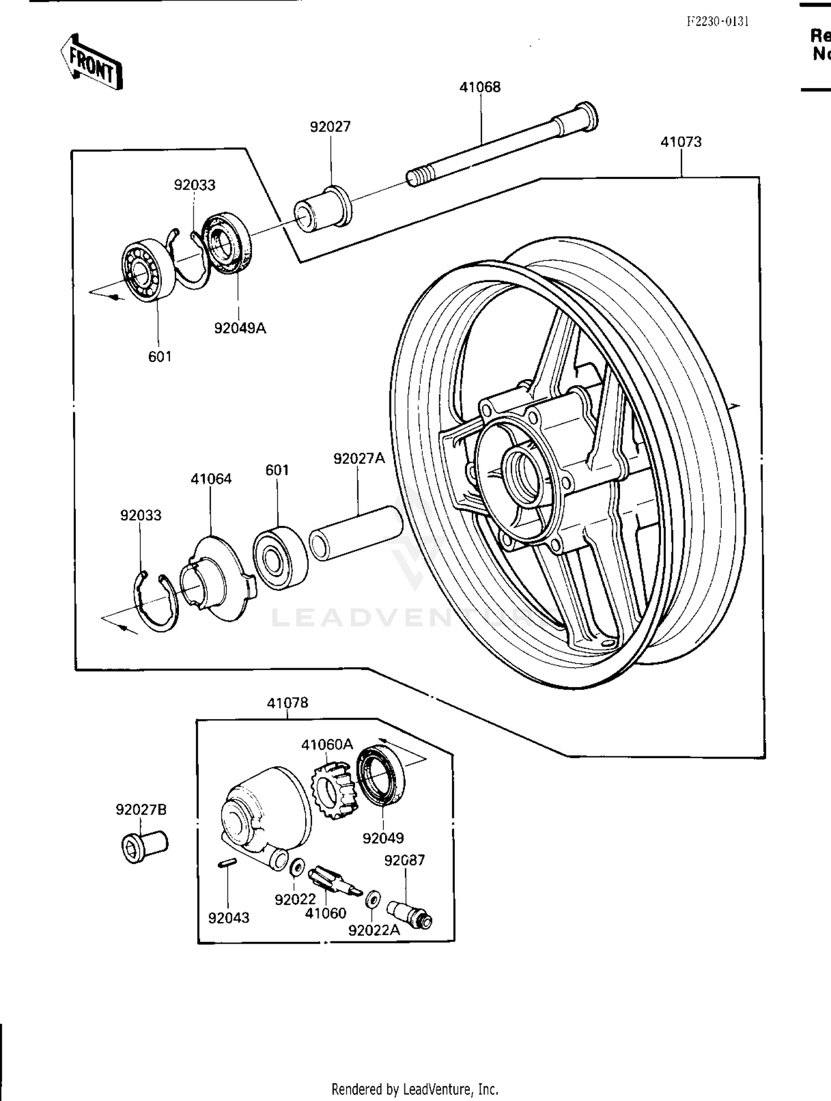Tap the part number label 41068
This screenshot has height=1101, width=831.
pos(480,87)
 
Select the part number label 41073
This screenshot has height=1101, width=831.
pos(681,142)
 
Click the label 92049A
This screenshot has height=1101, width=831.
pos(240,328)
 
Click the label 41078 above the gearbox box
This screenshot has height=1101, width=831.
pos(287,703)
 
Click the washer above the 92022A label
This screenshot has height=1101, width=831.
pos(373,898)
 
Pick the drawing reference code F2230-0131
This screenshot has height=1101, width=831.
pos(717,22)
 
